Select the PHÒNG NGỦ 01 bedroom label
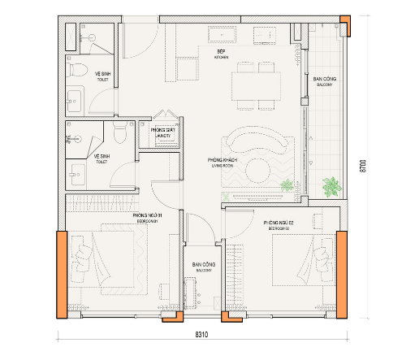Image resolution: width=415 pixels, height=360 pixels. tap(147, 216)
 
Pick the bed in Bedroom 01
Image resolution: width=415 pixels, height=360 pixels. tap(98, 261)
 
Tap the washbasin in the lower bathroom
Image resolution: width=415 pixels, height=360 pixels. tap(78, 172)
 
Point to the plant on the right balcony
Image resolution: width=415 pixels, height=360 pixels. tap(330, 187)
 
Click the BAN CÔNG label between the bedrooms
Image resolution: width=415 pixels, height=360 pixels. tap(202, 267)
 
